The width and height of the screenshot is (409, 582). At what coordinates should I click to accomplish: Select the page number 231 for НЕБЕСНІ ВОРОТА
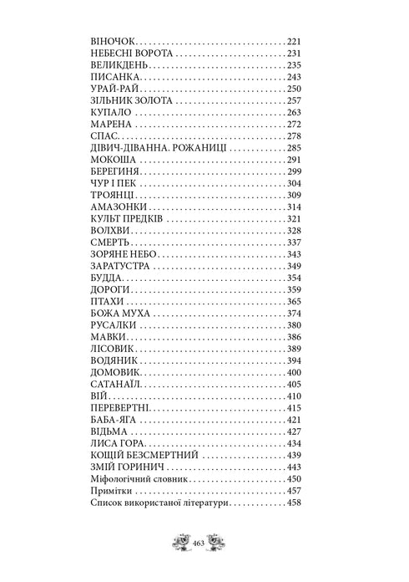click(x=292, y=53)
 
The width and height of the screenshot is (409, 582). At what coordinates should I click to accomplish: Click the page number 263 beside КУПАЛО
click(x=292, y=111)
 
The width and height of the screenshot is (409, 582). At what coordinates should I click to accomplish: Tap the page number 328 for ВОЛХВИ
click(x=292, y=229)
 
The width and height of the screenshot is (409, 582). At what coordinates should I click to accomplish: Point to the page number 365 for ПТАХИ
click(x=292, y=300)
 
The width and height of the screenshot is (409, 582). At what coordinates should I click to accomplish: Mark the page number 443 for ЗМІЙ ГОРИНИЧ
click(x=292, y=466)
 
